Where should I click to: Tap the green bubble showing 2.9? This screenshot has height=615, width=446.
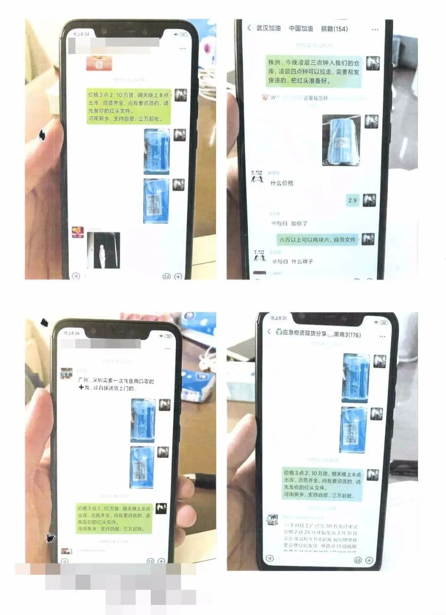(x=352, y=200)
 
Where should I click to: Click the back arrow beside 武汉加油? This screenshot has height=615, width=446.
(x=249, y=28)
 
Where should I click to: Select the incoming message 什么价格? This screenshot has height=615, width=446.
(x=282, y=183)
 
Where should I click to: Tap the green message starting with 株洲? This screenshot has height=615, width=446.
(x=313, y=72)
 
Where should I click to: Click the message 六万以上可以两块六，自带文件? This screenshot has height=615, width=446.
(x=317, y=239)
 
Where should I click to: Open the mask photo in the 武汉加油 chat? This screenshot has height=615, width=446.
(x=341, y=140)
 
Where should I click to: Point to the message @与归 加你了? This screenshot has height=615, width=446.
(x=289, y=223)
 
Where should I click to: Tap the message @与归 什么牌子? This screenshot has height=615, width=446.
(x=292, y=261)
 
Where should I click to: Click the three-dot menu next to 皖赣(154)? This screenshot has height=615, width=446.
(x=375, y=30)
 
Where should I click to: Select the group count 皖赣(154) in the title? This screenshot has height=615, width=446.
(x=334, y=29)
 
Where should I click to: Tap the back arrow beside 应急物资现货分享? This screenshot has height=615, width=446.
(x=269, y=331)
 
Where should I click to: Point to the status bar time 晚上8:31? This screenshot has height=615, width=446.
(x=278, y=318)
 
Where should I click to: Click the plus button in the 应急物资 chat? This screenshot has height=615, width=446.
(x=369, y=560)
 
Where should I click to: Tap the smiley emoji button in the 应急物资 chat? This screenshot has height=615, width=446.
(x=358, y=560)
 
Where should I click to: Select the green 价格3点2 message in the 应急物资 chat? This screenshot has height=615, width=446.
(x=322, y=484)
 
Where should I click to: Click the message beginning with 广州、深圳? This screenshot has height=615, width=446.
(x=116, y=384)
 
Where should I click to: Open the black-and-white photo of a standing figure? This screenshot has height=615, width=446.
(x=103, y=250)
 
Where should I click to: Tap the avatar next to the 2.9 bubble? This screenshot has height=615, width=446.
(x=369, y=200)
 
